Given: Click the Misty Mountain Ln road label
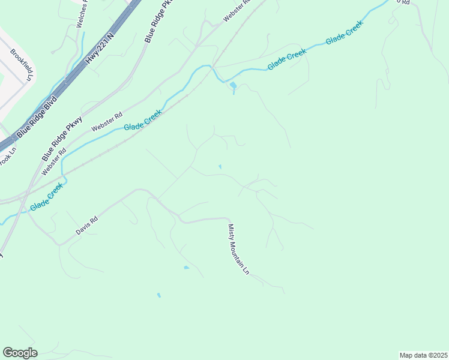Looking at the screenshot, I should pos(238,249).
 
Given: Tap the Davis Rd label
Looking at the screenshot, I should pos(86,226).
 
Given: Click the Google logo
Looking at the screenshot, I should pos(20,352).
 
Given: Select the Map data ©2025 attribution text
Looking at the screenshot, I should pos(423,355).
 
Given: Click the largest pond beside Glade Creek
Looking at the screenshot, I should pos(233,86).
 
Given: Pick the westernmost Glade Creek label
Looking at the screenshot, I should pos(46,197).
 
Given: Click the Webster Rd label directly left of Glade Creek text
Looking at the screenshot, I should pos(107,122).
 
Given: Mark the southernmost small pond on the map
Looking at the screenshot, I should pos(159,295).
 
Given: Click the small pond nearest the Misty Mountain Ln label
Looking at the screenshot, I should pos(186,267).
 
